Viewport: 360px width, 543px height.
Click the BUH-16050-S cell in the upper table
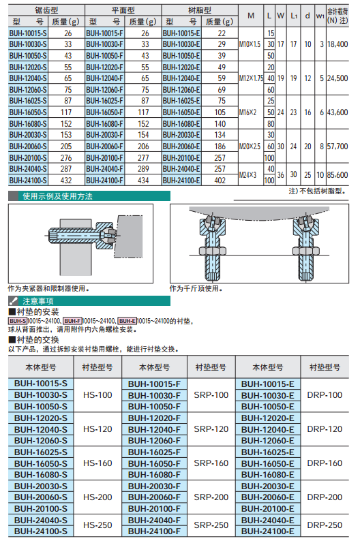click(28, 112)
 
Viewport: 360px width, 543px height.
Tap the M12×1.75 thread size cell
click(251, 78)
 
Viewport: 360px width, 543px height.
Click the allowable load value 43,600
click(337, 112)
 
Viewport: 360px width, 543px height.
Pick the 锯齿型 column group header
click(46, 10)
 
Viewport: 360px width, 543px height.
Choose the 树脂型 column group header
click(200, 10)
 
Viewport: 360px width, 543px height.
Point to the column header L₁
click(294, 16)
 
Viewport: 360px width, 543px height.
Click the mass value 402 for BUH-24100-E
click(220, 181)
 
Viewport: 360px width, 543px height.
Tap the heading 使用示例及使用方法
click(57, 196)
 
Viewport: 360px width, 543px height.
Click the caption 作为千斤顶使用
click(196, 288)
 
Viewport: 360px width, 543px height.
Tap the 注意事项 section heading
click(38, 301)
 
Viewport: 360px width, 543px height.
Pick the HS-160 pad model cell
click(97, 463)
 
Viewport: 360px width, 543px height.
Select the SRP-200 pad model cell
click(211, 497)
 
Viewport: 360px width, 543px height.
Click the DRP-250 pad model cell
click(325, 525)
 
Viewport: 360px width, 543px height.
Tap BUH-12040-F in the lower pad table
click(154, 429)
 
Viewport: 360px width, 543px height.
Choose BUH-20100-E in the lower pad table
click(268, 509)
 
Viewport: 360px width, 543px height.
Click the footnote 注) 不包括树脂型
click(317, 191)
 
